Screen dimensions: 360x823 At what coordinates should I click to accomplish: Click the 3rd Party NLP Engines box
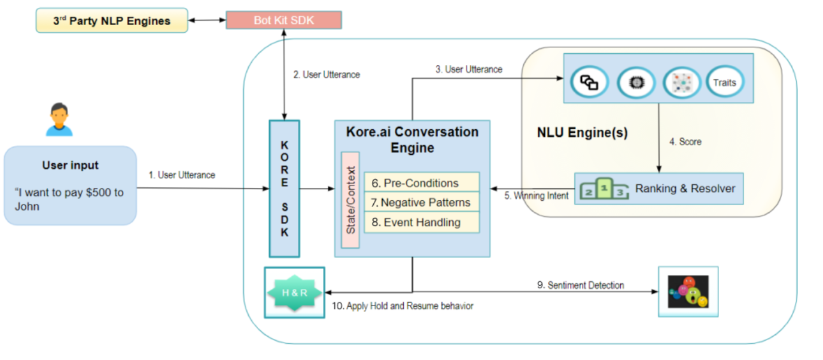tap(111, 20)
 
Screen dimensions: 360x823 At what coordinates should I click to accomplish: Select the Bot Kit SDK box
tap(283, 20)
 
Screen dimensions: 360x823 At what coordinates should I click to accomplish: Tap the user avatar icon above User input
tap(59, 120)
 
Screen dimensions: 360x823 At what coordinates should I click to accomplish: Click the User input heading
tap(70, 165)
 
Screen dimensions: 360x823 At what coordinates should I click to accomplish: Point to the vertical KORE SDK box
tap(284, 188)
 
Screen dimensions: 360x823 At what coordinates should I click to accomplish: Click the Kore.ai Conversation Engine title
tap(412, 139)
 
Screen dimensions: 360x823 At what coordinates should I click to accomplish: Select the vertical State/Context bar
tap(350, 200)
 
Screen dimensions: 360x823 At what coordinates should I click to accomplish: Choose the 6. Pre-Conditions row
tap(422, 183)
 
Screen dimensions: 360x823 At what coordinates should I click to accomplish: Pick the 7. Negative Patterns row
tap(422, 203)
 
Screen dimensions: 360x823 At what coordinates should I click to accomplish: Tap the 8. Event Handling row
tap(422, 222)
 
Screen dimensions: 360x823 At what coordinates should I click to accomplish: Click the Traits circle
tap(724, 83)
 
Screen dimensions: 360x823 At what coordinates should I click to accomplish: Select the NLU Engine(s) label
tap(582, 133)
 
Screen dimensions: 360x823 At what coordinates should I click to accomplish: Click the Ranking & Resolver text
tap(685, 188)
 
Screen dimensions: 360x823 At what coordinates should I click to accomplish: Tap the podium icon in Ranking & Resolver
tap(604, 188)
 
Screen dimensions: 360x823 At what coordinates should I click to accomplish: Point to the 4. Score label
tap(685, 142)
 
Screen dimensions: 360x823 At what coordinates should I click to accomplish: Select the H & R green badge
tap(294, 292)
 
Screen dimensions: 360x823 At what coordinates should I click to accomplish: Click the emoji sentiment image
tap(688, 291)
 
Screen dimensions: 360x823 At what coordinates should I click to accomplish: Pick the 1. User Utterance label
tap(182, 175)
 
